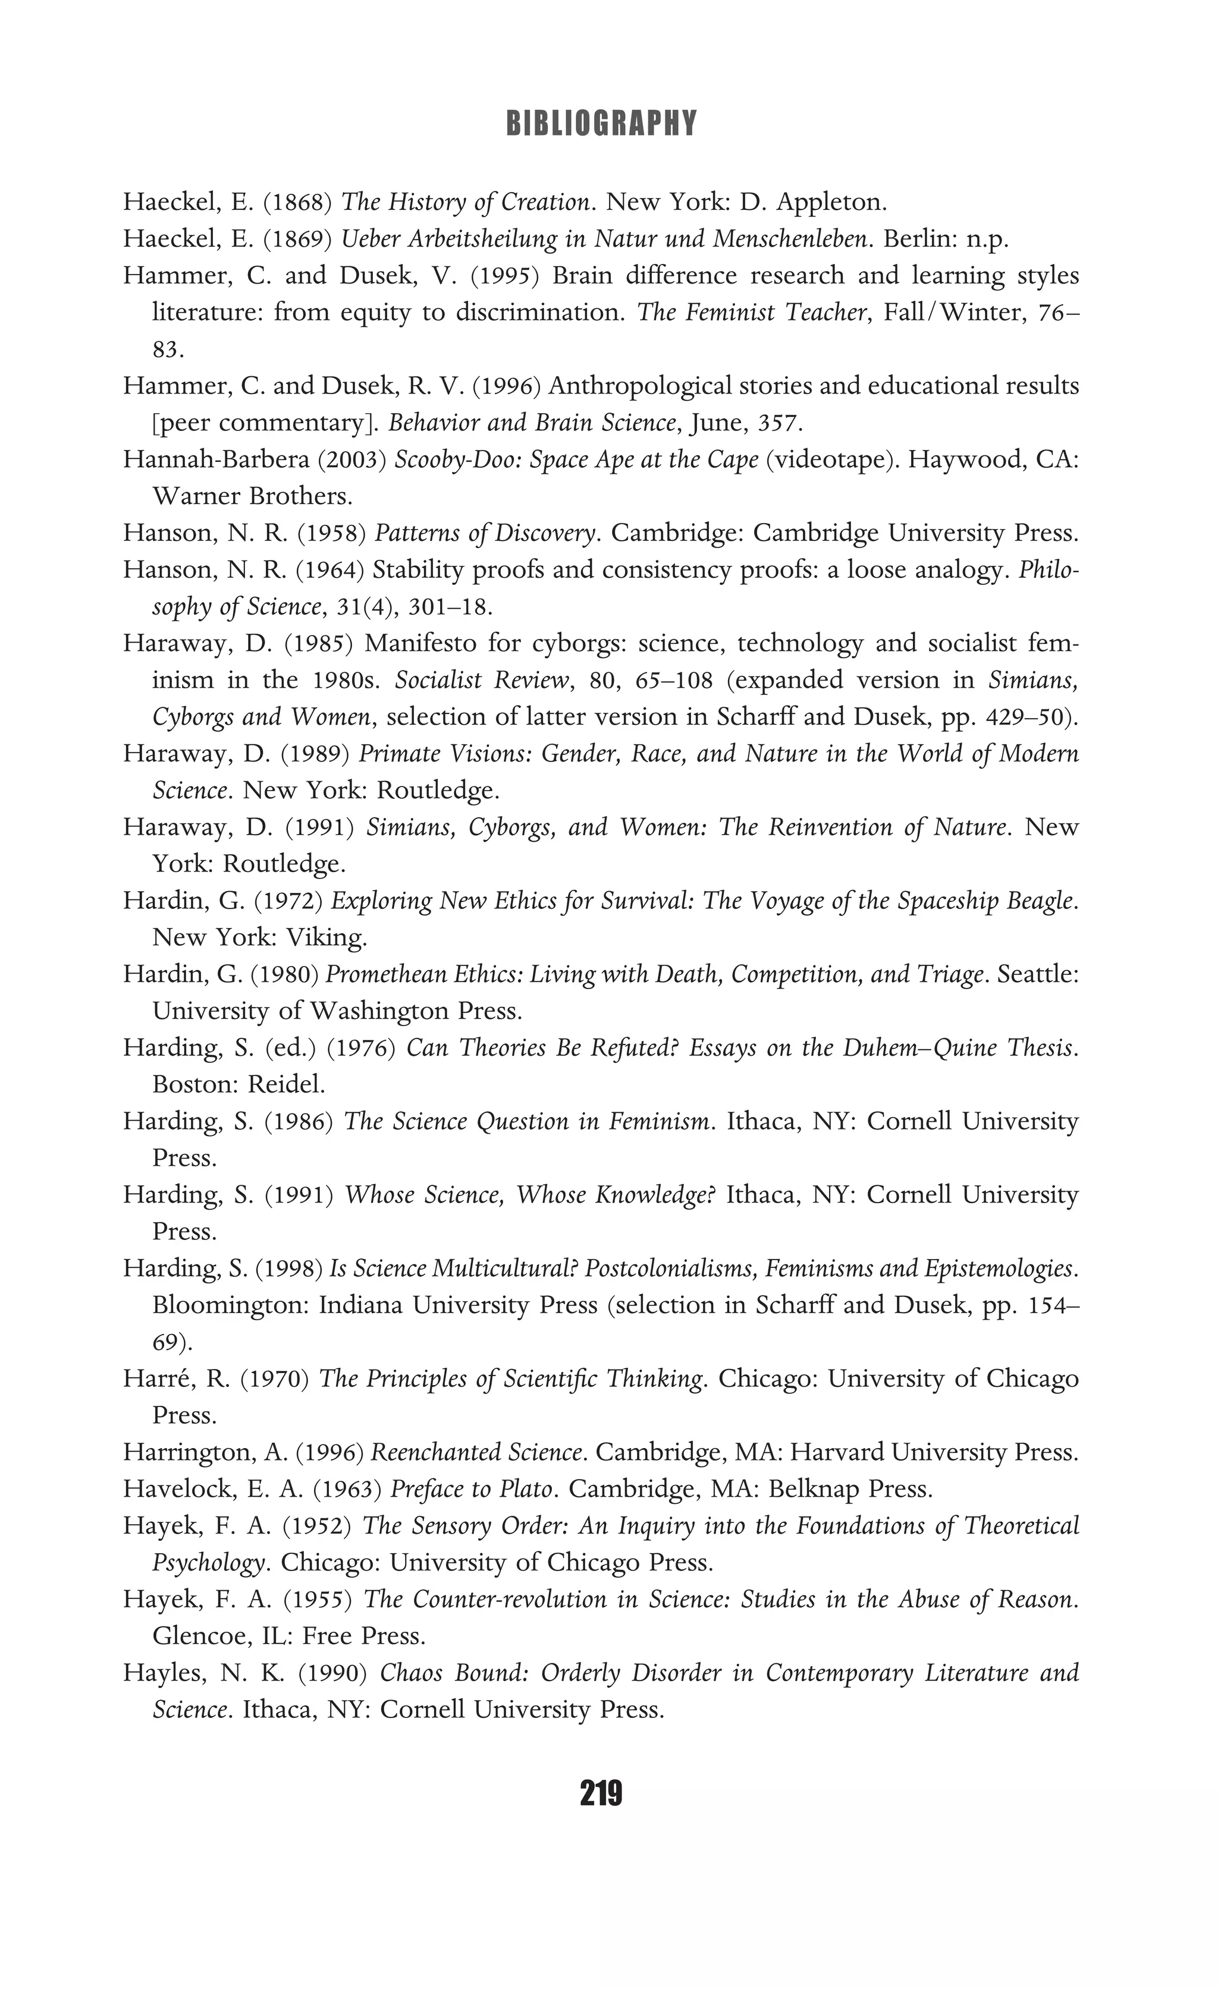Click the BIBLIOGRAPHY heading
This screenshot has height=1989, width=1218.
pyautogui.click(x=601, y=124)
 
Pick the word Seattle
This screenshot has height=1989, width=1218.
pyautogui.click(x=1037, y=974)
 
